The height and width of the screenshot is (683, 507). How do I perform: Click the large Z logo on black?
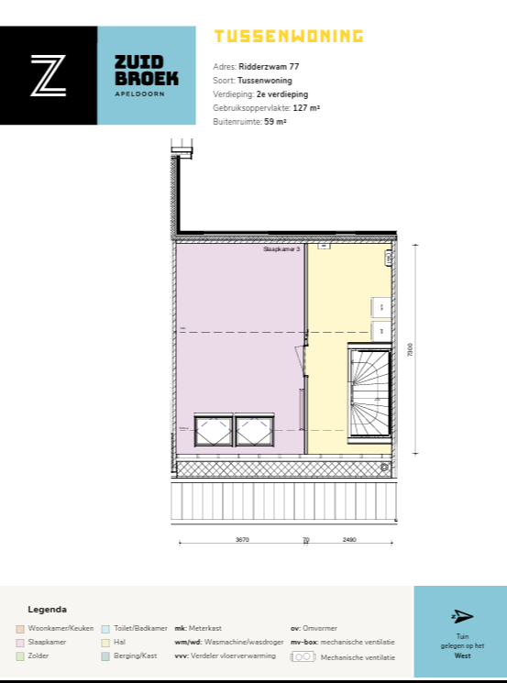point(48,75)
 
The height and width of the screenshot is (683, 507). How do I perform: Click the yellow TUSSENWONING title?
point(288,37)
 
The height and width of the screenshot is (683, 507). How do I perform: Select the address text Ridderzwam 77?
point(269,67)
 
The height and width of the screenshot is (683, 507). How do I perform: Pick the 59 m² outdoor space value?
point(275,121)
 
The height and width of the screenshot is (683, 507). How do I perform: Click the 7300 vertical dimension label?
point(411,349)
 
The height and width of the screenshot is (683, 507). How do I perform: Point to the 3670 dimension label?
point(242,540)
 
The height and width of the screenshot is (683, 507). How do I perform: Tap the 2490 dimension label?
point(349,540)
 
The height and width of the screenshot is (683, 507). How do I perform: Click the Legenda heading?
point(48,610)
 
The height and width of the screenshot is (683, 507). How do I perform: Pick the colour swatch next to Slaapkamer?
point(20,643)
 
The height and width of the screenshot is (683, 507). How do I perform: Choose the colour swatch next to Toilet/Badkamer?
point(105,628)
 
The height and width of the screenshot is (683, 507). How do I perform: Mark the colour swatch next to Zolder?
point(20,656)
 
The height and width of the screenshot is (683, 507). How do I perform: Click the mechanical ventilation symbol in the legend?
point(303,657)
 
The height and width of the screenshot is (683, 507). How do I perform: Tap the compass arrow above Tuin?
point(462,616)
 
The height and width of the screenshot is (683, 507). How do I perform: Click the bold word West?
point(462,655)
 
